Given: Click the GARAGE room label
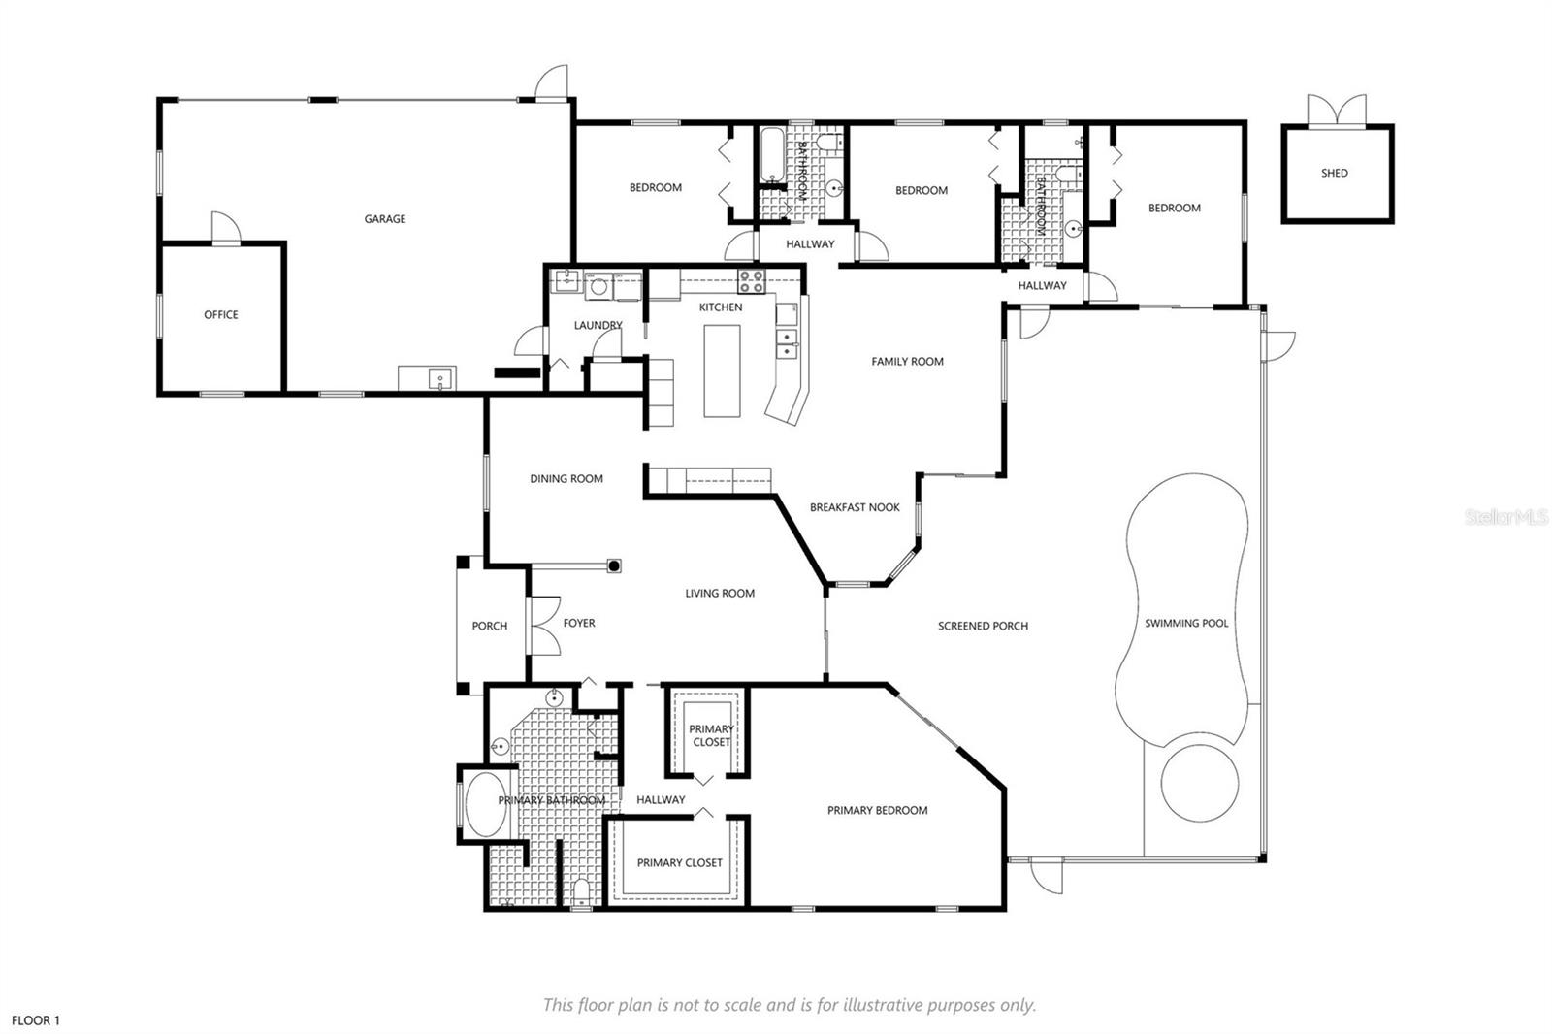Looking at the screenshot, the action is tap(384, 219).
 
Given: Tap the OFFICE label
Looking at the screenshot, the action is tap(221, 314).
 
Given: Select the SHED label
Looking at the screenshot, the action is tap(1335, 174).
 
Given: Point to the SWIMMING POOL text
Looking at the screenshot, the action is tap(1186, 623).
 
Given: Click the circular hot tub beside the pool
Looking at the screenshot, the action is tap(1199, 783).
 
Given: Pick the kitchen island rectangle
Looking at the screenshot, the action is tap(722, 371).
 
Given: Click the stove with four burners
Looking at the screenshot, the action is tap(751, 281).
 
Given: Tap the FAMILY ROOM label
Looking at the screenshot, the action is tap(907, 361).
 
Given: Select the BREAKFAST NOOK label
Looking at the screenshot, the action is tap(855, 507).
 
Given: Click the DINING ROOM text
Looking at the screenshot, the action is tap(566, 479).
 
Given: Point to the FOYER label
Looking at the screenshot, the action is tap(579, 623).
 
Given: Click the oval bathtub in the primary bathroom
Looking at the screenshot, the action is tap(486, 805).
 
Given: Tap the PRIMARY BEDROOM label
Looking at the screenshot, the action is tap(877, 810).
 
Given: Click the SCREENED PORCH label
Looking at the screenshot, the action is tap(983, 626).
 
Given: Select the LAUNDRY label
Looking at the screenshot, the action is tap(598, 325).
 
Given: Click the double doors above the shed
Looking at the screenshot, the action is tap(1337, 111).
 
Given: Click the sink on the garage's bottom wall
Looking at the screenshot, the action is tap(440, 379).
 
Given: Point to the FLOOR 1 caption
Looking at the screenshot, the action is tap(36, 1020).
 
